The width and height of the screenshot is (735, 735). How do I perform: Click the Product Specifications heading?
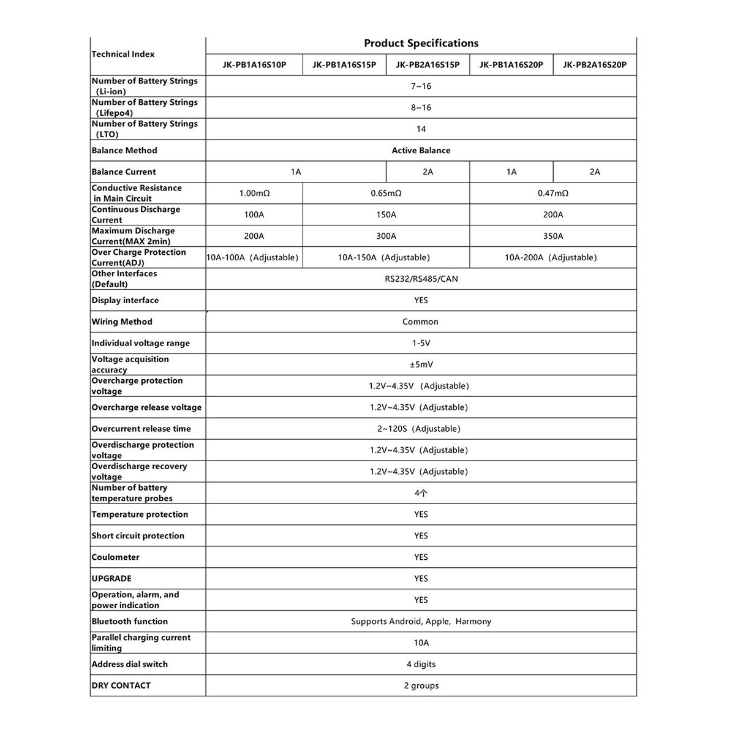click(x=421, y=43)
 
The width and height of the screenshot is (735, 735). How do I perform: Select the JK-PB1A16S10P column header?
click(x=254, y=65)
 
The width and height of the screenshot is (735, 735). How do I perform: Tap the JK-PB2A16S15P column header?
click(x=428, y=65)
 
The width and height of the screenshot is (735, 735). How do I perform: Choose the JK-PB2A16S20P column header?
click(x=595, y=65)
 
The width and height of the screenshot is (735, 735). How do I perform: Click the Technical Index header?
click(x=123, y=55)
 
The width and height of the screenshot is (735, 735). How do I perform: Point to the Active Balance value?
click(x=421, y=151)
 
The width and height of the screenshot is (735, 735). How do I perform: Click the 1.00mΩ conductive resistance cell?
click(x=254, y=194)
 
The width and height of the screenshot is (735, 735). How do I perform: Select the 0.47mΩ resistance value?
click(x=553, y=194)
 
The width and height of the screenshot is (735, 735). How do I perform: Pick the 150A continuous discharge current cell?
click(x=386, y=215)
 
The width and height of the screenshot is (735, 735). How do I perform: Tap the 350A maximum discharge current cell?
click(x=553, y=236)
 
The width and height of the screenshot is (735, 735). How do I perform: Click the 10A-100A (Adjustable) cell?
click(x=252, y=258)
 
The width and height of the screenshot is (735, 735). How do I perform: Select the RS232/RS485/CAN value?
click(x=421, y=279)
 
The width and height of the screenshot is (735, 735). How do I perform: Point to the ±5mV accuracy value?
click(x=421, y=365)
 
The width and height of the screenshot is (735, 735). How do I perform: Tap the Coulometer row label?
click(x=116, y=557)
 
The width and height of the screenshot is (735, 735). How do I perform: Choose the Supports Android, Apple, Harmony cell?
click(x=421, y=622)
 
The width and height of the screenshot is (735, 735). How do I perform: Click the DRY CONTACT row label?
click(x=121, y=686)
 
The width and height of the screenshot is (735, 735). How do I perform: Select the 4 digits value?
click(x=421, y=665)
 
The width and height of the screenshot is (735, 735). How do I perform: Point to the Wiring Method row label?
click(x=122, y=322)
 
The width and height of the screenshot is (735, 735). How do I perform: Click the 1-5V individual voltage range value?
click(x=421, y=344)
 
